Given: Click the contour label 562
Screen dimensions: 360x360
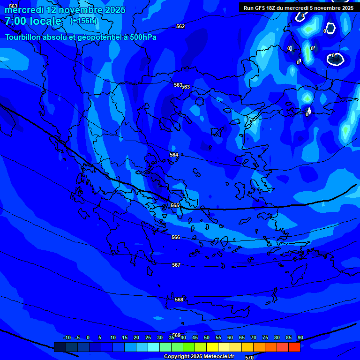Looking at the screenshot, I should coord(180,27).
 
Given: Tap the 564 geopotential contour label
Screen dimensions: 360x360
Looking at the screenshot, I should coord(174,155).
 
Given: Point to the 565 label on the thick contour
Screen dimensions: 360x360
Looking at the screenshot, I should coord(175,206).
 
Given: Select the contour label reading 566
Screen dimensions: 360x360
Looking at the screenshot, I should coord(176,238).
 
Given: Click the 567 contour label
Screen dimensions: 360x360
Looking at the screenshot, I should coord(176,265).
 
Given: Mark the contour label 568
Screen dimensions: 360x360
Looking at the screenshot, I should coord(179,300).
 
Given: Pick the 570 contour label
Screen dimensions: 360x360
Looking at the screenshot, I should coord(249,358).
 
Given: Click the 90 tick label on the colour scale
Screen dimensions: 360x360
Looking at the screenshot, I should coord(300,337).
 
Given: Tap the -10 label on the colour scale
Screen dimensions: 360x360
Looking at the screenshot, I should coord(67,337).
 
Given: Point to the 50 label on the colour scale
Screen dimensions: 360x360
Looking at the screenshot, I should coord(207,337).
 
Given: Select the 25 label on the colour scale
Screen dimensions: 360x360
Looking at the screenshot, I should coord(148,337).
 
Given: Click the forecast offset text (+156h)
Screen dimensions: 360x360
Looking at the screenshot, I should coord(83,21).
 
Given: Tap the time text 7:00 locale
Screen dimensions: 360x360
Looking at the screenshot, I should coord(33,21).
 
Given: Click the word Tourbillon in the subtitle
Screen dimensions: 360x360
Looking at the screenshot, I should coord(24,37).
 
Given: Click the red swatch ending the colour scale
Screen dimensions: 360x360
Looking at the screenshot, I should coord(294,347).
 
